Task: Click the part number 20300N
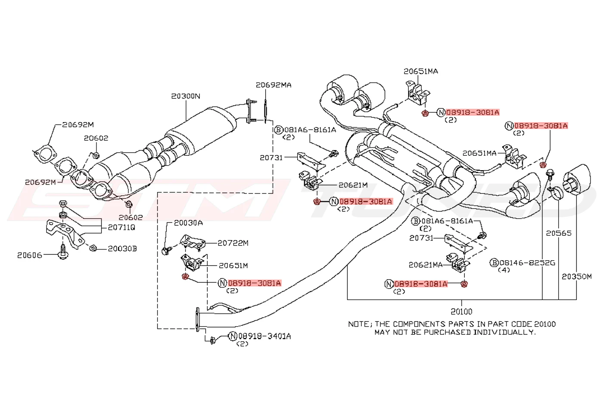[x=186, y=96]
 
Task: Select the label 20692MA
[x=274, y=85]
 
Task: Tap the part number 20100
[x=461, y=311]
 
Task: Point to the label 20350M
[x=577, y=276]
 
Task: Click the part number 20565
[x=559, y=233]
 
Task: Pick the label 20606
[x=30, y=255]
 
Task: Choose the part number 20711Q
[x=121, y=228]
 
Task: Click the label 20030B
[x=122, y=249]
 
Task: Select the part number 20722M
[x=233, y=243]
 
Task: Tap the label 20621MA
[x=426, y=265]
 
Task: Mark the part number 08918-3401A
[x=264, y=336]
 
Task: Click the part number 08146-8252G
[x=527, y=263]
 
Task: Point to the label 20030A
[x=188, y=223]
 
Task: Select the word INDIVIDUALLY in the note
[x=504, y=332]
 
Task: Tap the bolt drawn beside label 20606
[x=63, y=252]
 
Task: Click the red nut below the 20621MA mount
[x=464, y=284]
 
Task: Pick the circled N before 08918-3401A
[x=233, y=336]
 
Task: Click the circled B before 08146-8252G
[x=494, y=263]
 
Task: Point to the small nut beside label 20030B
[x=93, y=248]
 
